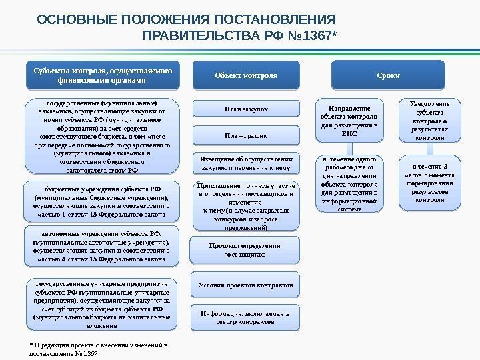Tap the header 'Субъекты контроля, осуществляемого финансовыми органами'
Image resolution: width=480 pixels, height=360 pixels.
point(103,74)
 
